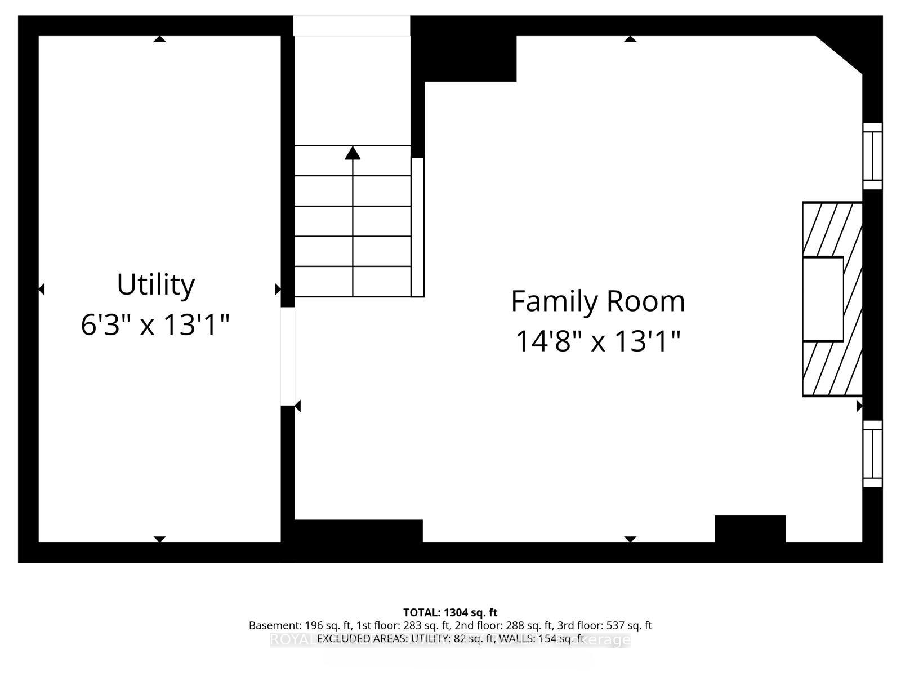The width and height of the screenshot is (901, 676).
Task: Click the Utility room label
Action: tap(155, 284)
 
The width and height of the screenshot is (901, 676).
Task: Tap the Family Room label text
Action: tap(597, 301)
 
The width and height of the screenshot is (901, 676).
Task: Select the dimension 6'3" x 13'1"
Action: tap(155, 325)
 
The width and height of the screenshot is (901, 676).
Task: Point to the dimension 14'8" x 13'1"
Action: tap(598, 341)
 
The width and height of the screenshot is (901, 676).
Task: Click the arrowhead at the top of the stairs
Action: tap(353, 153)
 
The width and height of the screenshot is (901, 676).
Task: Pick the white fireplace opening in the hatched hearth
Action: tap(823, 299)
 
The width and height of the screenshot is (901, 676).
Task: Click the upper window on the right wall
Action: tap(872, 156)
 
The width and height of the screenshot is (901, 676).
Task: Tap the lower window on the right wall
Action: tap(872, 453)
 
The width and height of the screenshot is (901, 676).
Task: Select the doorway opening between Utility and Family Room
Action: tap(288, 356)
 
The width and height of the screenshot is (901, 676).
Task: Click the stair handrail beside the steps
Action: tap(417, 227)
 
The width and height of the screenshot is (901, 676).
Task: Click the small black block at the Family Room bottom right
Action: tap(750, 529)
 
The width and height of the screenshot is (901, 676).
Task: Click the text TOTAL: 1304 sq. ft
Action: tap(450, 612)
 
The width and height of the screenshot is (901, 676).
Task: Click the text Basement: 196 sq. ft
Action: tap(300, 625)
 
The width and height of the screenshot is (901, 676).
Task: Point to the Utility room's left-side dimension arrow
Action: tap(41, 290)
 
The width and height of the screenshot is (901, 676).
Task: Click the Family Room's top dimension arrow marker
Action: tap(630, 38)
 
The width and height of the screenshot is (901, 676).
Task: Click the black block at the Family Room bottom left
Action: tap(359, 531)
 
